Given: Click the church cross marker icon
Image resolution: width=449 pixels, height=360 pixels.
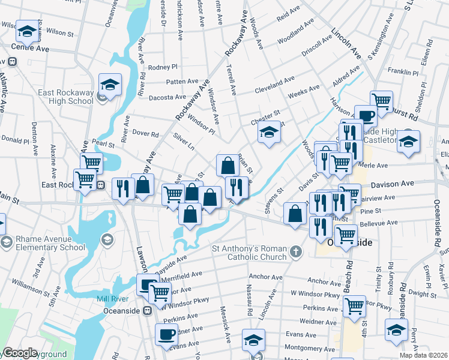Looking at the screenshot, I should pos(295,252).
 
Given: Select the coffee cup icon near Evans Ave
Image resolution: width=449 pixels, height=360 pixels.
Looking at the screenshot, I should pos(166,334).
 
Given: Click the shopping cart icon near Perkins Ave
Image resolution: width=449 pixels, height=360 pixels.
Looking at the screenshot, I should pos(354,306).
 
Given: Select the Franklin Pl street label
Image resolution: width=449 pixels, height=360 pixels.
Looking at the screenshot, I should pos(403,72).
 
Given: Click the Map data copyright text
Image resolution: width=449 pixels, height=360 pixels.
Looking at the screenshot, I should pos(426,355).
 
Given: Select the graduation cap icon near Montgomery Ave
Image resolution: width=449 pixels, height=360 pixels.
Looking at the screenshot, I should pos(253,340).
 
